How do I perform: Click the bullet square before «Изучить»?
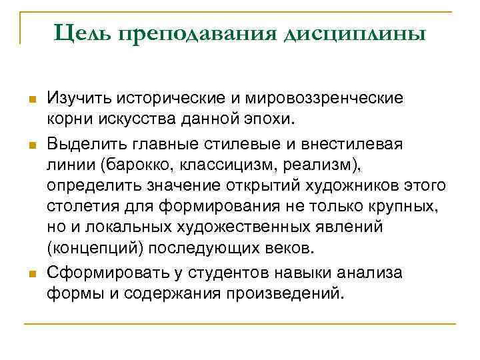point(31,100)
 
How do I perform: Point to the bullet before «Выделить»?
point(31,144)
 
